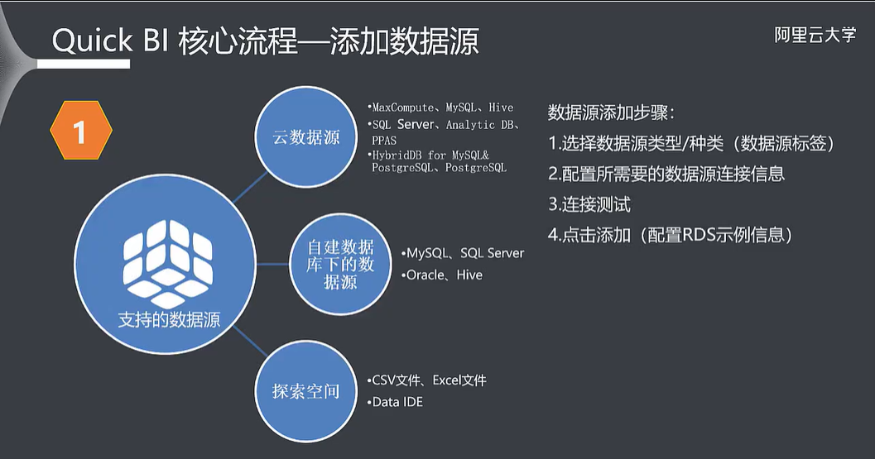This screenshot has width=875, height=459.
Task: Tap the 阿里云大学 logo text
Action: click(x=815, y=36)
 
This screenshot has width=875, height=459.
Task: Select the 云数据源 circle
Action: click(x=306, y=137)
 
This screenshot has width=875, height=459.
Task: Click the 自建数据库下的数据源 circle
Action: click(x=340, y=264)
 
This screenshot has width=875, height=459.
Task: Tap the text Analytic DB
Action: click(x=479, y=125)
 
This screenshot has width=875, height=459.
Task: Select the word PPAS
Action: click(x=384, y=141)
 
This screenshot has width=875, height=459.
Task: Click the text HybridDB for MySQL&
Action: click(x=431, y=155)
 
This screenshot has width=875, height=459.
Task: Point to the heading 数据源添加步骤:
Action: click(x=611, y=112)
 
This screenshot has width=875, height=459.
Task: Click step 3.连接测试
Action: click(x=594, y=204)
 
